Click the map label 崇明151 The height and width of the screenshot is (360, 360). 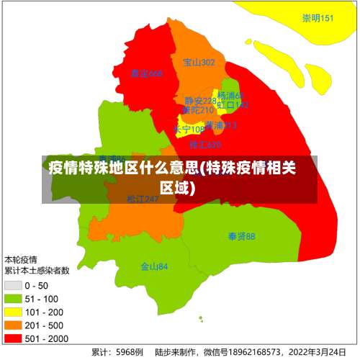[x=318, y=19]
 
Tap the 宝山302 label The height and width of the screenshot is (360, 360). [x=199, y=63]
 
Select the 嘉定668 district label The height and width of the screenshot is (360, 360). [x=146, y=73]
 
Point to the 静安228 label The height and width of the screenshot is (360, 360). [x=199, y=101]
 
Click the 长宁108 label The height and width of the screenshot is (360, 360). [x=189, y=130]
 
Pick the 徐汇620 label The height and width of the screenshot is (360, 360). [x=205, y=145]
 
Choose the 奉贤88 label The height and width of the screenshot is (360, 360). [x=241, y=236]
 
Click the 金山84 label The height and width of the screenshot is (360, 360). [x=154, y=266]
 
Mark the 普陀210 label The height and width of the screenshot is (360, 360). [x=197, y=110]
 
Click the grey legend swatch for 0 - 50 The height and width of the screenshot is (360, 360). [x=14, y=286]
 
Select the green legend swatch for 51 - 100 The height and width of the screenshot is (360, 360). [x=14, y=299]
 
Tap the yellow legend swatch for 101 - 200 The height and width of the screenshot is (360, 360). [x=14, y=312]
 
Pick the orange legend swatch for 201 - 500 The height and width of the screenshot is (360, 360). [x=14, y=325]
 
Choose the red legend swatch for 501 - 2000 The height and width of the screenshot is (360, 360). [x=14, y=338]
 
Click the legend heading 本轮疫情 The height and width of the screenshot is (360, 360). [x=22, y=259]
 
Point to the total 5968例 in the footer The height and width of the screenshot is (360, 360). [x=130, y=353]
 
